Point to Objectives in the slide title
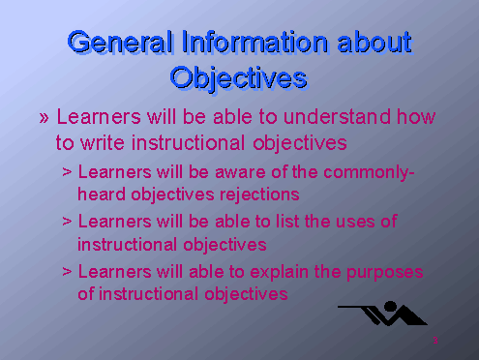[238, 75]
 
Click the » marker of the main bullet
[44, 118]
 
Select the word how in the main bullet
[415, 118]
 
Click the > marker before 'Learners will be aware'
[66, 173]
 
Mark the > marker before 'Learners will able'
[66, 272]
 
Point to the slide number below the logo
[436, 341]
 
